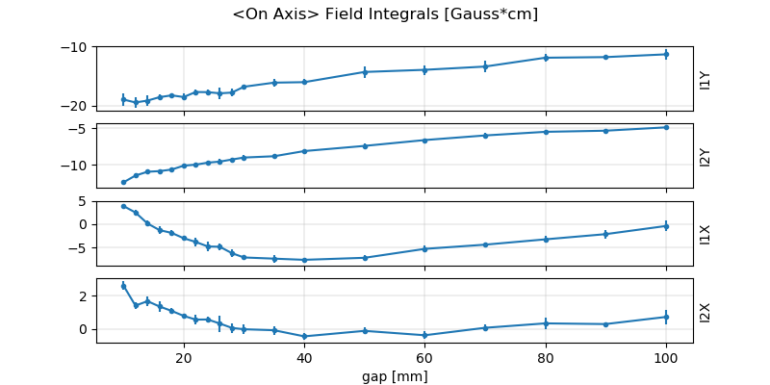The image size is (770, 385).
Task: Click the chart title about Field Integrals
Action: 385,14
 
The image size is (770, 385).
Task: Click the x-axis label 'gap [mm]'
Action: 395,375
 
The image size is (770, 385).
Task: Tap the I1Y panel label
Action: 706,79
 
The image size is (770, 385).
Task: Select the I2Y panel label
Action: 706,156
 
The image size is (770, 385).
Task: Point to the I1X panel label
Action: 706,233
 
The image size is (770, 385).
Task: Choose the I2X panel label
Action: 706,310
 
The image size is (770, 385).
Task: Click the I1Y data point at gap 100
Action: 666,54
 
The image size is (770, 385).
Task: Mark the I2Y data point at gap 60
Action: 424,141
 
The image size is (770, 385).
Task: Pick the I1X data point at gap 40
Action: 304,260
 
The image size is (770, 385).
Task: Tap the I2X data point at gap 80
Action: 546,323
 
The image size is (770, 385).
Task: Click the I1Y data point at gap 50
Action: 365,72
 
